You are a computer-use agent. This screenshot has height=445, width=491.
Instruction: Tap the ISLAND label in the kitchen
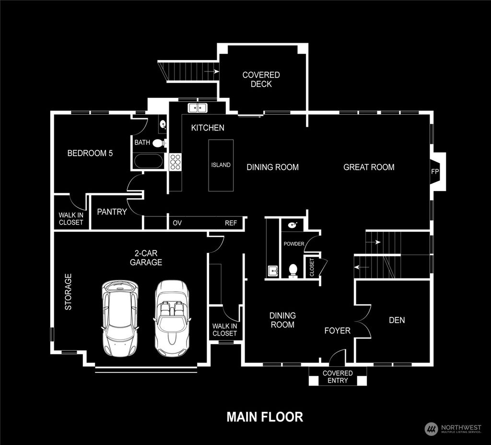tap(221, 165)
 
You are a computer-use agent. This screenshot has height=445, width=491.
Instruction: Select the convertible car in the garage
tap(172, 317)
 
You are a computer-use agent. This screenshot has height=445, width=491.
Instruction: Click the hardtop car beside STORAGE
tap(120, 317)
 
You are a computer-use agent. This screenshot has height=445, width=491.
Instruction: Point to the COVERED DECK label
tap(261, 79)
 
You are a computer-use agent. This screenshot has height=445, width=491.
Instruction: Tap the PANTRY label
tap(112, 212)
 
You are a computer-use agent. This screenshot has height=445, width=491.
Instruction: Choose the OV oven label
tap(177, 223)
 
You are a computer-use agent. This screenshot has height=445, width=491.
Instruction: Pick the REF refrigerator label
tap(231, 223)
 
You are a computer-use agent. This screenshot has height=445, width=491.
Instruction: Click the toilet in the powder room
tap(293, 271)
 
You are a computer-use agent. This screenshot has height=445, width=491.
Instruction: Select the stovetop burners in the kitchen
tap(175, 161)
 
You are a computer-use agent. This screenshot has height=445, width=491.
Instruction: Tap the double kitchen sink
tap(198, 108)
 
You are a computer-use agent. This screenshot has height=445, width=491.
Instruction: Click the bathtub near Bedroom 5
tap(149, 160)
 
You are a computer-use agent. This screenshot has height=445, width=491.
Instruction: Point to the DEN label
tap(397, 320)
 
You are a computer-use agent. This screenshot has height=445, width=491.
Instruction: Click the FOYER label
tap(337, 330)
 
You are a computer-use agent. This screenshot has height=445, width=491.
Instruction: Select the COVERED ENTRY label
tap(338, 377)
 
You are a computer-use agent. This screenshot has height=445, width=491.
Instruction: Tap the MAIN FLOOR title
tap(265, 416)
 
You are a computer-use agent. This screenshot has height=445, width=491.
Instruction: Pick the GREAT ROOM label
tap(369, 167)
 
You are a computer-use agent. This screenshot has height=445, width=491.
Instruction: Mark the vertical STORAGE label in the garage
tap(68, 291)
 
